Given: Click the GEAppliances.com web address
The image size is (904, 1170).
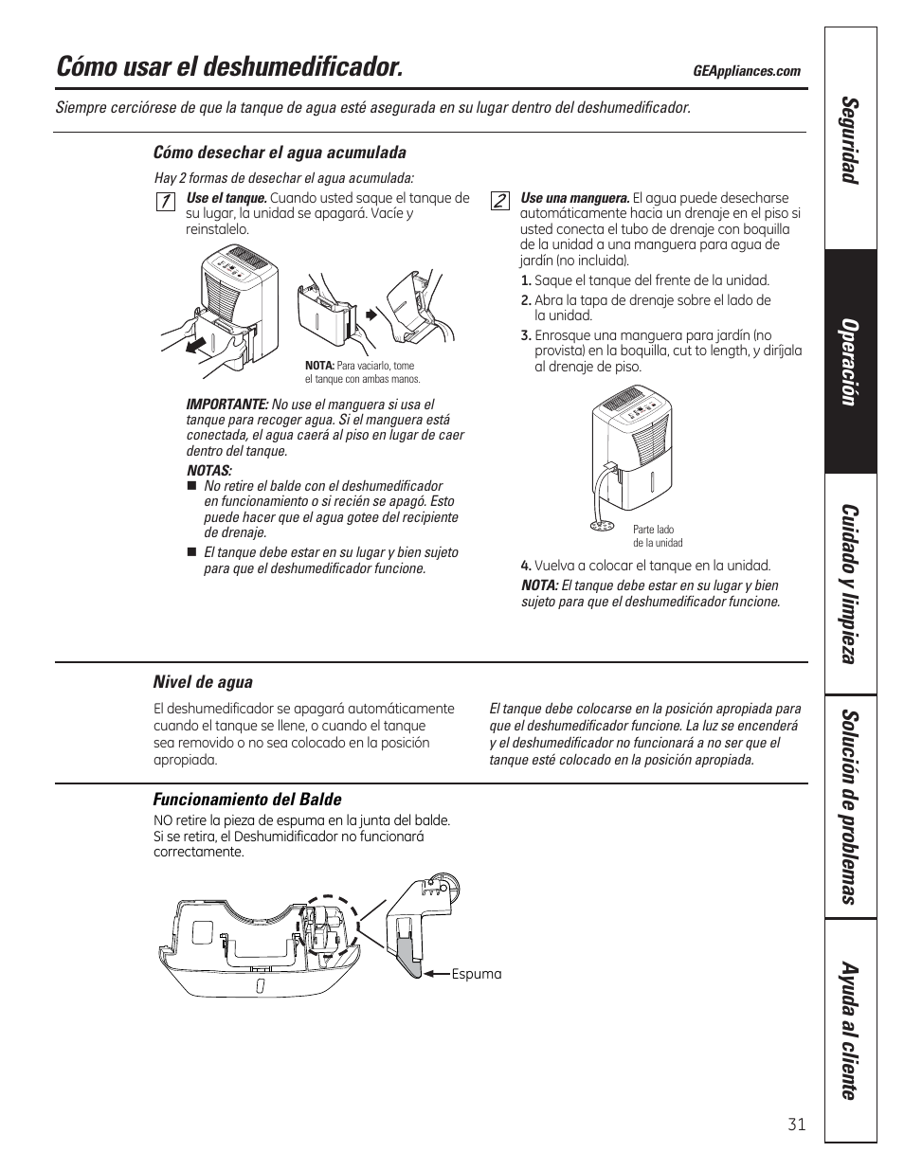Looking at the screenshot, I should pyautogui.click(x=747, y=71).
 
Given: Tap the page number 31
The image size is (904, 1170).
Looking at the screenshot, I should pyautogui.click(x=796, y=1125).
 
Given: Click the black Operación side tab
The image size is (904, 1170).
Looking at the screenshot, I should pyautogui.click(x=850, y=362).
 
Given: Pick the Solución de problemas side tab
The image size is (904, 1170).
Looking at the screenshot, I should pyautogui.click(x=850, y=806).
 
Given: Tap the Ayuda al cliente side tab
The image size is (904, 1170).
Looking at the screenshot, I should pyautogui.click(x=850, y=1032).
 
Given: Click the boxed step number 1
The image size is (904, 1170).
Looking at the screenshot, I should pyautogui.click(x=165, y=201).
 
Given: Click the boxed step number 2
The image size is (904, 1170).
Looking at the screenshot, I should pyautogui.click(x=499, y=201).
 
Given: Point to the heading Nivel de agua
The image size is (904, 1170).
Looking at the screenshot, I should pyautogui.click(x=203, y=682).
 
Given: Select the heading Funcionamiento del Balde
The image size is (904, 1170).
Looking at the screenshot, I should pyautogui.click(x=247, y=800).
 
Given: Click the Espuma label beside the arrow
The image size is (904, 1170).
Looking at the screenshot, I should pyautogui.click(x=477, y=974).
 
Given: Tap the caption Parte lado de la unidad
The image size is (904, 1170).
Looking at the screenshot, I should pyautogui.click(x=658, y=536).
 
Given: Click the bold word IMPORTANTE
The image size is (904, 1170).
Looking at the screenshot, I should pyautogui.click(x=227, y=405).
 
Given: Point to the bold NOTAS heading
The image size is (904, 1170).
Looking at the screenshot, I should pyautogui.click(x=208, y=471).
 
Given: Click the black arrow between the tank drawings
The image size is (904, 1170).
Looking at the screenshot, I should pyautogui.click(x=371, y=313).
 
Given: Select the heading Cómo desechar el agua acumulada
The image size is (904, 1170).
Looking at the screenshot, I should pyautogui.click(x=280, y=153).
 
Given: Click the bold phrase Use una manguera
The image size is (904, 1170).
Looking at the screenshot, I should pyautogui.click(x=575, y=198).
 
